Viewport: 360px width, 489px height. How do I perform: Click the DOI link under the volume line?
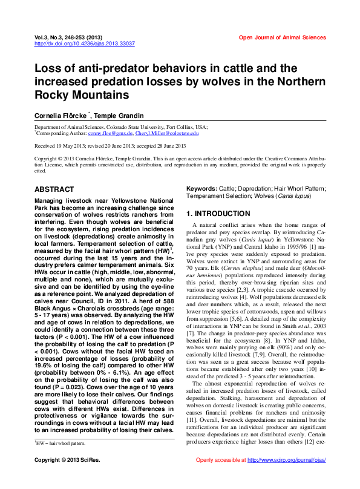pos(84,44)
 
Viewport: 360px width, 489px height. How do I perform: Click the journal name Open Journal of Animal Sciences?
pos(282,38)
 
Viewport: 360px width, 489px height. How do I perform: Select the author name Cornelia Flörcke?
pos(61,115)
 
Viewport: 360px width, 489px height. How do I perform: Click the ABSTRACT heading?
pos(54,189)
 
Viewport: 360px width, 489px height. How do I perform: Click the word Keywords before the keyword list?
pos(201,189)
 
